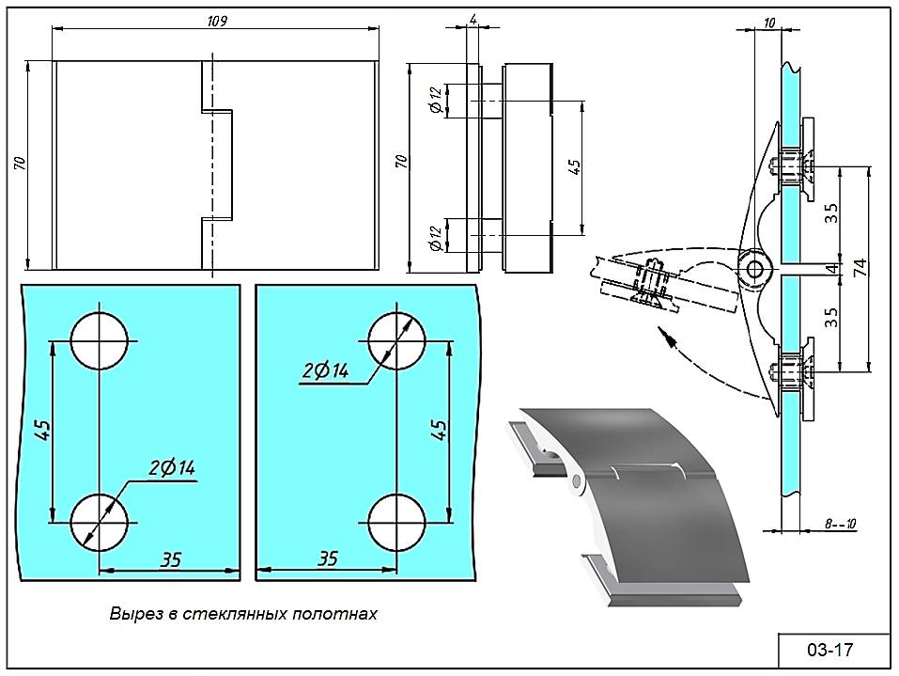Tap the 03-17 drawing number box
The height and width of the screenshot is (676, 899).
point(829,649)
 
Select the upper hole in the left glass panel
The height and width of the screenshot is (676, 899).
point(99,339)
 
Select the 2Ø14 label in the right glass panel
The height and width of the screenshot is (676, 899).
point(325,372)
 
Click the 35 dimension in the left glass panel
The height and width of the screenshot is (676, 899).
point(170,559)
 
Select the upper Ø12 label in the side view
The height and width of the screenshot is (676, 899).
point(435,99)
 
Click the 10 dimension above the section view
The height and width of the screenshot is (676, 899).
point(770,23)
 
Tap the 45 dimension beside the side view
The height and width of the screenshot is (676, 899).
point(575,166)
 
